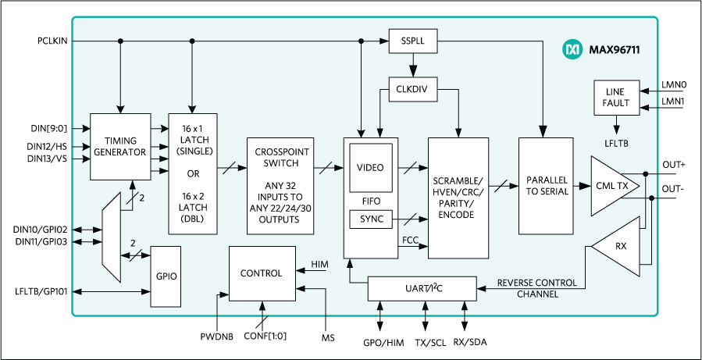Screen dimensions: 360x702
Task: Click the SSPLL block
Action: (412, 41)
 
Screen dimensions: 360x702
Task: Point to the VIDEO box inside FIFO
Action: (370, 167)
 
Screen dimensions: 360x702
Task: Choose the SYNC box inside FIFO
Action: (370, 219)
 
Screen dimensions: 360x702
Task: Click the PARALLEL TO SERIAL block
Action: (547, 186)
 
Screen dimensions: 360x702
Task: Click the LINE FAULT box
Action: (616, 98)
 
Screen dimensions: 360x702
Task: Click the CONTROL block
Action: (261, 273)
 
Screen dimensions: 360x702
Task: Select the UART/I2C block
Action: (422, 288)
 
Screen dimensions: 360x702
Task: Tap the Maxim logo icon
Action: (572, 49)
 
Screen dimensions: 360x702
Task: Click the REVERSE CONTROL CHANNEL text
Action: (536, 288)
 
